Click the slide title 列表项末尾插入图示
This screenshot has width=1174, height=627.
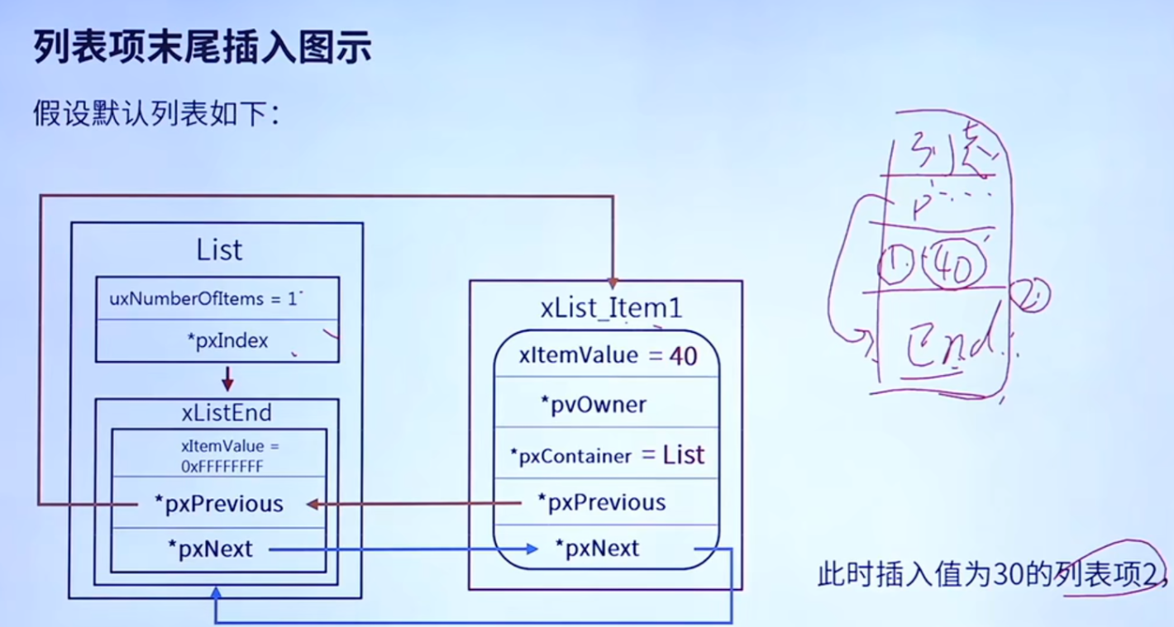coord(202,49)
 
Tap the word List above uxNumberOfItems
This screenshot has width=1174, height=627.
coord(219,249)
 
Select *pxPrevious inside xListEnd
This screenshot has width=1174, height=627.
coord(218,504)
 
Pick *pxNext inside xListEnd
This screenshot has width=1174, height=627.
coord(211,549)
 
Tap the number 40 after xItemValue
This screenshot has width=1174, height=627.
coord(683,356)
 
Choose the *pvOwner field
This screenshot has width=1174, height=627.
coord(593,405)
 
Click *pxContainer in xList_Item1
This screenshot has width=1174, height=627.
coord(570,455)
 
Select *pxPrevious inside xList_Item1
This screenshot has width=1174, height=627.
coord(601,502)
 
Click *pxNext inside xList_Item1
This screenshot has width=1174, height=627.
coord(597,549)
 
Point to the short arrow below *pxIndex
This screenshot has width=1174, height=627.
coord(228,379)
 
